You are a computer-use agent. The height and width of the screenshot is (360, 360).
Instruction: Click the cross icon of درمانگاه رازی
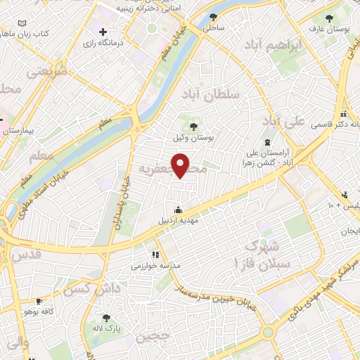point(103,32)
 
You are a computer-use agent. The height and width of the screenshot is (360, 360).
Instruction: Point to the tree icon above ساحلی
point(214,18)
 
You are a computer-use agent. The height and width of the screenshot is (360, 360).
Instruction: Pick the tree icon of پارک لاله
point(107,317)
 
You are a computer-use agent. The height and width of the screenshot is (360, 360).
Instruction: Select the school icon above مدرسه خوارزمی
point(155,255)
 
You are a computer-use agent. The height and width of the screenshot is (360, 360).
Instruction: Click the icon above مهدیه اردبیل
point(178,209)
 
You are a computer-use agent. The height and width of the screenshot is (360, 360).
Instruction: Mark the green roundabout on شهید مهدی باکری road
point(268,332)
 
